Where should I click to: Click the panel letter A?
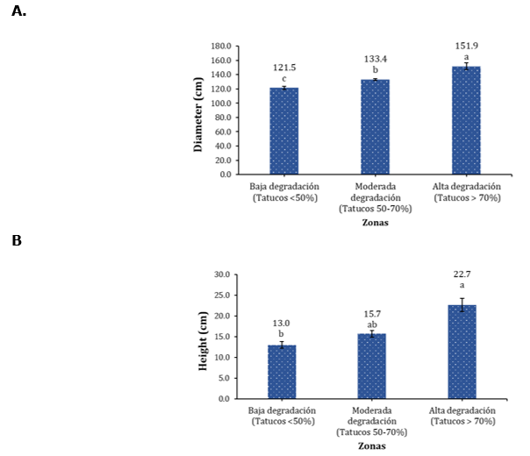(x=18, y=11)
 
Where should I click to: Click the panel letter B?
(x=17, y=239)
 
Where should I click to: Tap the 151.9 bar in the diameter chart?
(x=466, y=120)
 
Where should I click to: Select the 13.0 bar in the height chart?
(x=282, y=372)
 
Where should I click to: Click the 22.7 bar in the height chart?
(x=462, y=352)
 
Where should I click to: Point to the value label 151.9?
(x=466, y=46)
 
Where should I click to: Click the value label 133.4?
(x=376, y=59)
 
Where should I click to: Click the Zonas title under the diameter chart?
(x=376, y=222)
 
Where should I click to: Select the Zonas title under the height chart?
(x=372, y=445)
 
